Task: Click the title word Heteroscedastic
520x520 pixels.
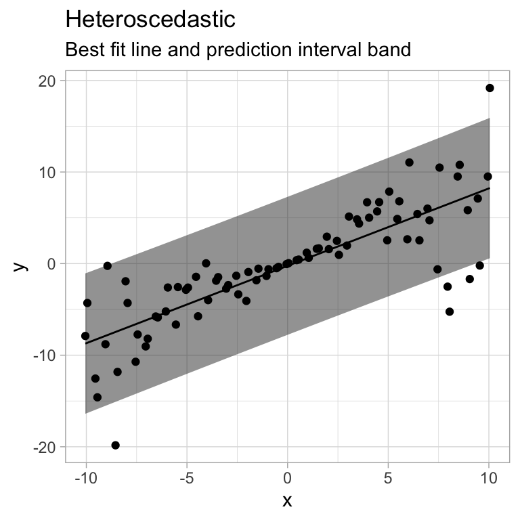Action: (x=150, y=20)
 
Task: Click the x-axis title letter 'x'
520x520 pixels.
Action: (x=287, y=501)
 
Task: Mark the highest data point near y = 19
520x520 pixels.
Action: (x=490, y=88)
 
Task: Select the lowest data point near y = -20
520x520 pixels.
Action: (x=116, y=445)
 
